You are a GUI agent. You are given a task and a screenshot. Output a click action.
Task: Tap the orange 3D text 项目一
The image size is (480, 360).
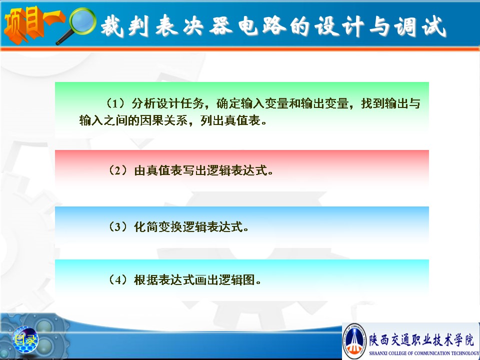[33, 24]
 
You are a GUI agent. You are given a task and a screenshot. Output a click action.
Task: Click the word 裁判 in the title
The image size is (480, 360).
[125, 26]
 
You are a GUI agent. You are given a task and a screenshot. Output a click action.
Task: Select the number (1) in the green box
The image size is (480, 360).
[115, 103]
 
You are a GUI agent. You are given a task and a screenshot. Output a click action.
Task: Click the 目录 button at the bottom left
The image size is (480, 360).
[25, 339]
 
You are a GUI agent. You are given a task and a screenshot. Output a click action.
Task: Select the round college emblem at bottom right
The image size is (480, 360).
[354, 340]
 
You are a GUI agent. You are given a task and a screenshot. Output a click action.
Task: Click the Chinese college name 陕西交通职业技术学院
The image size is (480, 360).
[421, 339]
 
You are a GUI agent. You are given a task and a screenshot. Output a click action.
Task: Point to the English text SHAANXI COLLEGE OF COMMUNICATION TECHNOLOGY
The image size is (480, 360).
[424, 353]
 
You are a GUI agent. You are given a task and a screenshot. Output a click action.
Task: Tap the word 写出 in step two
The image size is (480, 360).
[194, 170]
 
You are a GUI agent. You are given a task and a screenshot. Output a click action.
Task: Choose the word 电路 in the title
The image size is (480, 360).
[262, 26]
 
